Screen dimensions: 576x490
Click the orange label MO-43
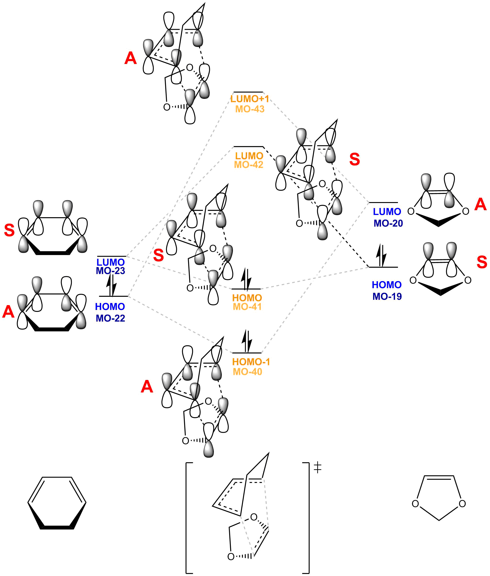(249, 109)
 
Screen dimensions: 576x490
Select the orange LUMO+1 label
(249, 99)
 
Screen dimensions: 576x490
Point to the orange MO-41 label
(247, 306)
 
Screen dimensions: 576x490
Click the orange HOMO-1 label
(251, 362)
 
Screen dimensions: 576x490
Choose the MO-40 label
(247, 372)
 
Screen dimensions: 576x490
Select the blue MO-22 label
(110, 318)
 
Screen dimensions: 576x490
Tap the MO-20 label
(388, 223)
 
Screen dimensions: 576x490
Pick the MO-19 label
(387, 296)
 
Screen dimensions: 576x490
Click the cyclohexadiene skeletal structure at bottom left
(57, 503)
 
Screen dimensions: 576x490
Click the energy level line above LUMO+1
(248, 92)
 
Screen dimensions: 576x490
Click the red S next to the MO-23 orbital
(9, 230)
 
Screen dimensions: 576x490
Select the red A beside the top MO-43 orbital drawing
(131, 58)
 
